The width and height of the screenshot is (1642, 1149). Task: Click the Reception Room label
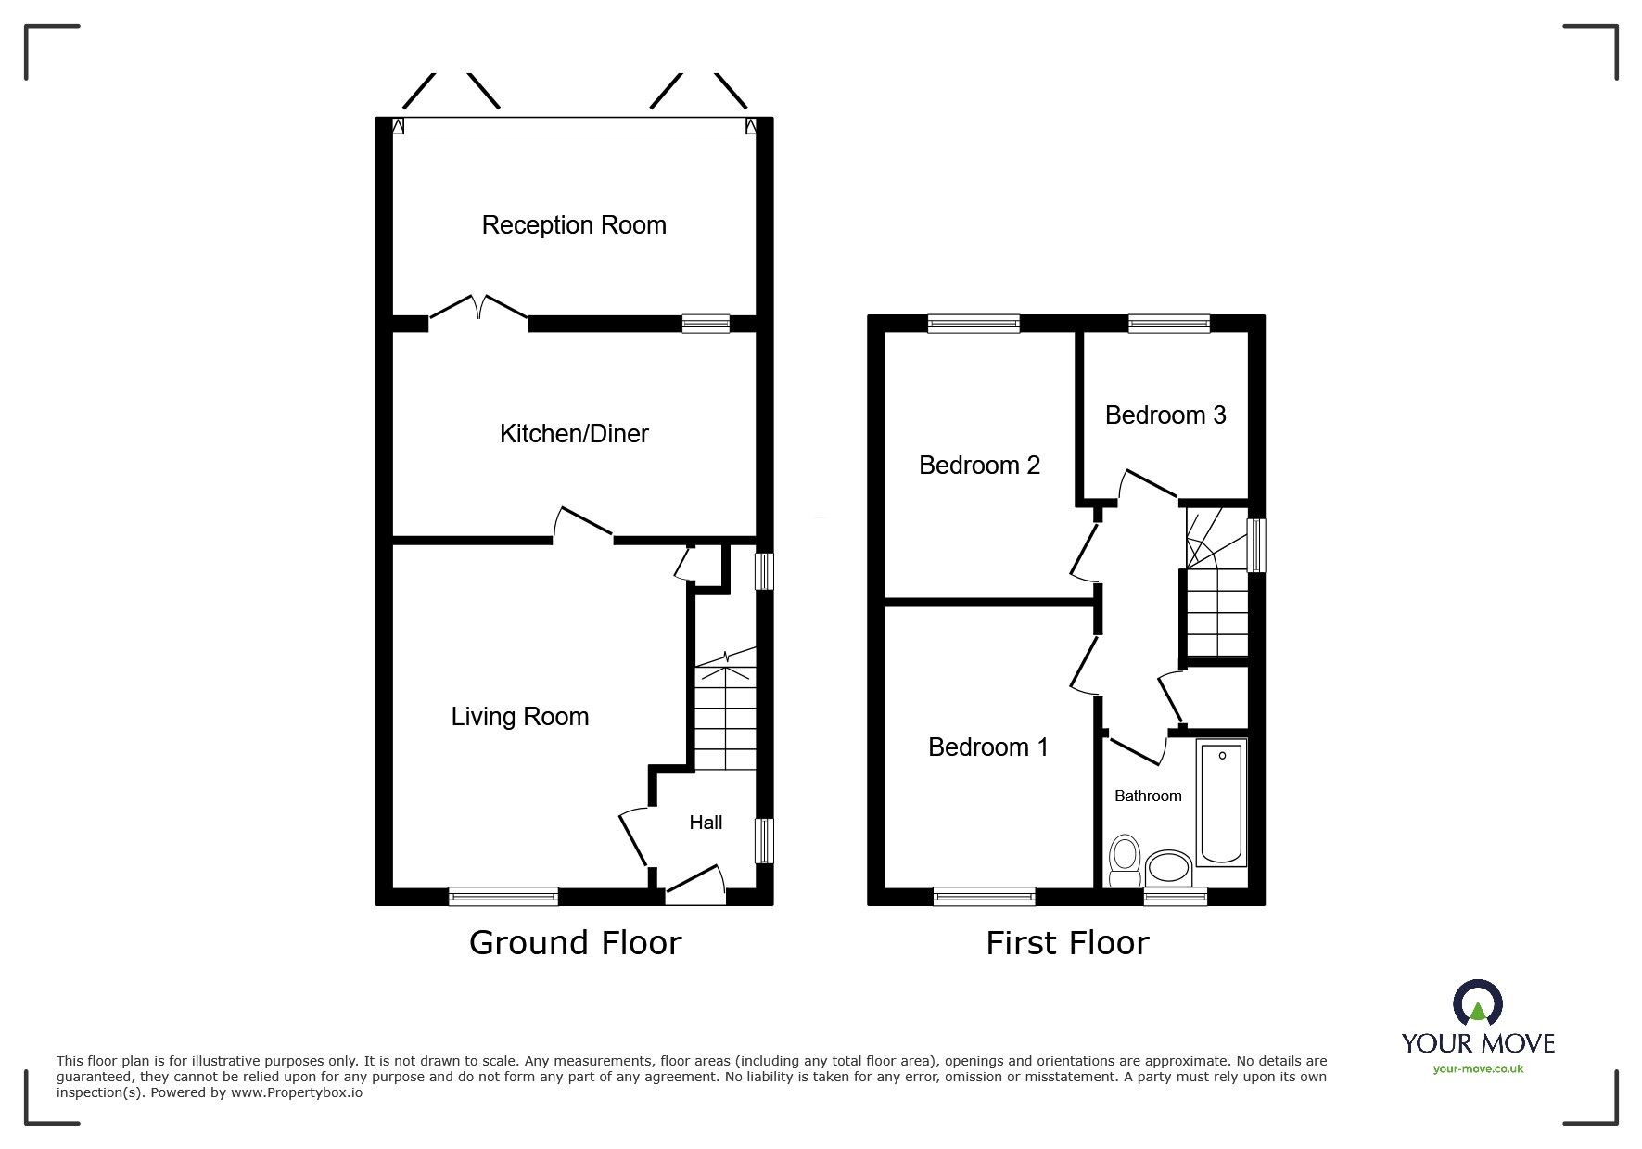coord(574,225)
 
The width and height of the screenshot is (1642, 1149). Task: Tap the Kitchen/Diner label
coord(574,433)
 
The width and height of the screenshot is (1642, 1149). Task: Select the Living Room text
coord(519,716)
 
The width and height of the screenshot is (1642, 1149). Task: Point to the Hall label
coord(706,823)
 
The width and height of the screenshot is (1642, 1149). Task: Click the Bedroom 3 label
coord(1165,415)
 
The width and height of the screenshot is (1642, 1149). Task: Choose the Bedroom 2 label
coord(979,465)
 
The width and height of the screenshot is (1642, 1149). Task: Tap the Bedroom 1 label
coord(988,747)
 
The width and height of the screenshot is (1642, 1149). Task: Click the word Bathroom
coord(1148,796)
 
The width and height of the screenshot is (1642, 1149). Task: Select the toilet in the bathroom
coord(1126,861)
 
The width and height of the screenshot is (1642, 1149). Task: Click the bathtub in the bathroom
coord(1221,802)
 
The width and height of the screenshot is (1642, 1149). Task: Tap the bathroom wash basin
coord(1168,870)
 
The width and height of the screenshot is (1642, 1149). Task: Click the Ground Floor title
coord(575,943)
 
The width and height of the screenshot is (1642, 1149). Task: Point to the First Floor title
coord(1067,943)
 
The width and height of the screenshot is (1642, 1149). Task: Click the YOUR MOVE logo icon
coord(1476,1003)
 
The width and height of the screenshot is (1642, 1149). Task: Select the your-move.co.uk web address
coord(1478,1069)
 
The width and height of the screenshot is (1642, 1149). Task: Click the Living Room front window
coord(503,896)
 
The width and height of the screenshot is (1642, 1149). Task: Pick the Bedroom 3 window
coord(1169,324)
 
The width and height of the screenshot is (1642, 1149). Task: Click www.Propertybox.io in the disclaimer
coord(297,1092)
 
